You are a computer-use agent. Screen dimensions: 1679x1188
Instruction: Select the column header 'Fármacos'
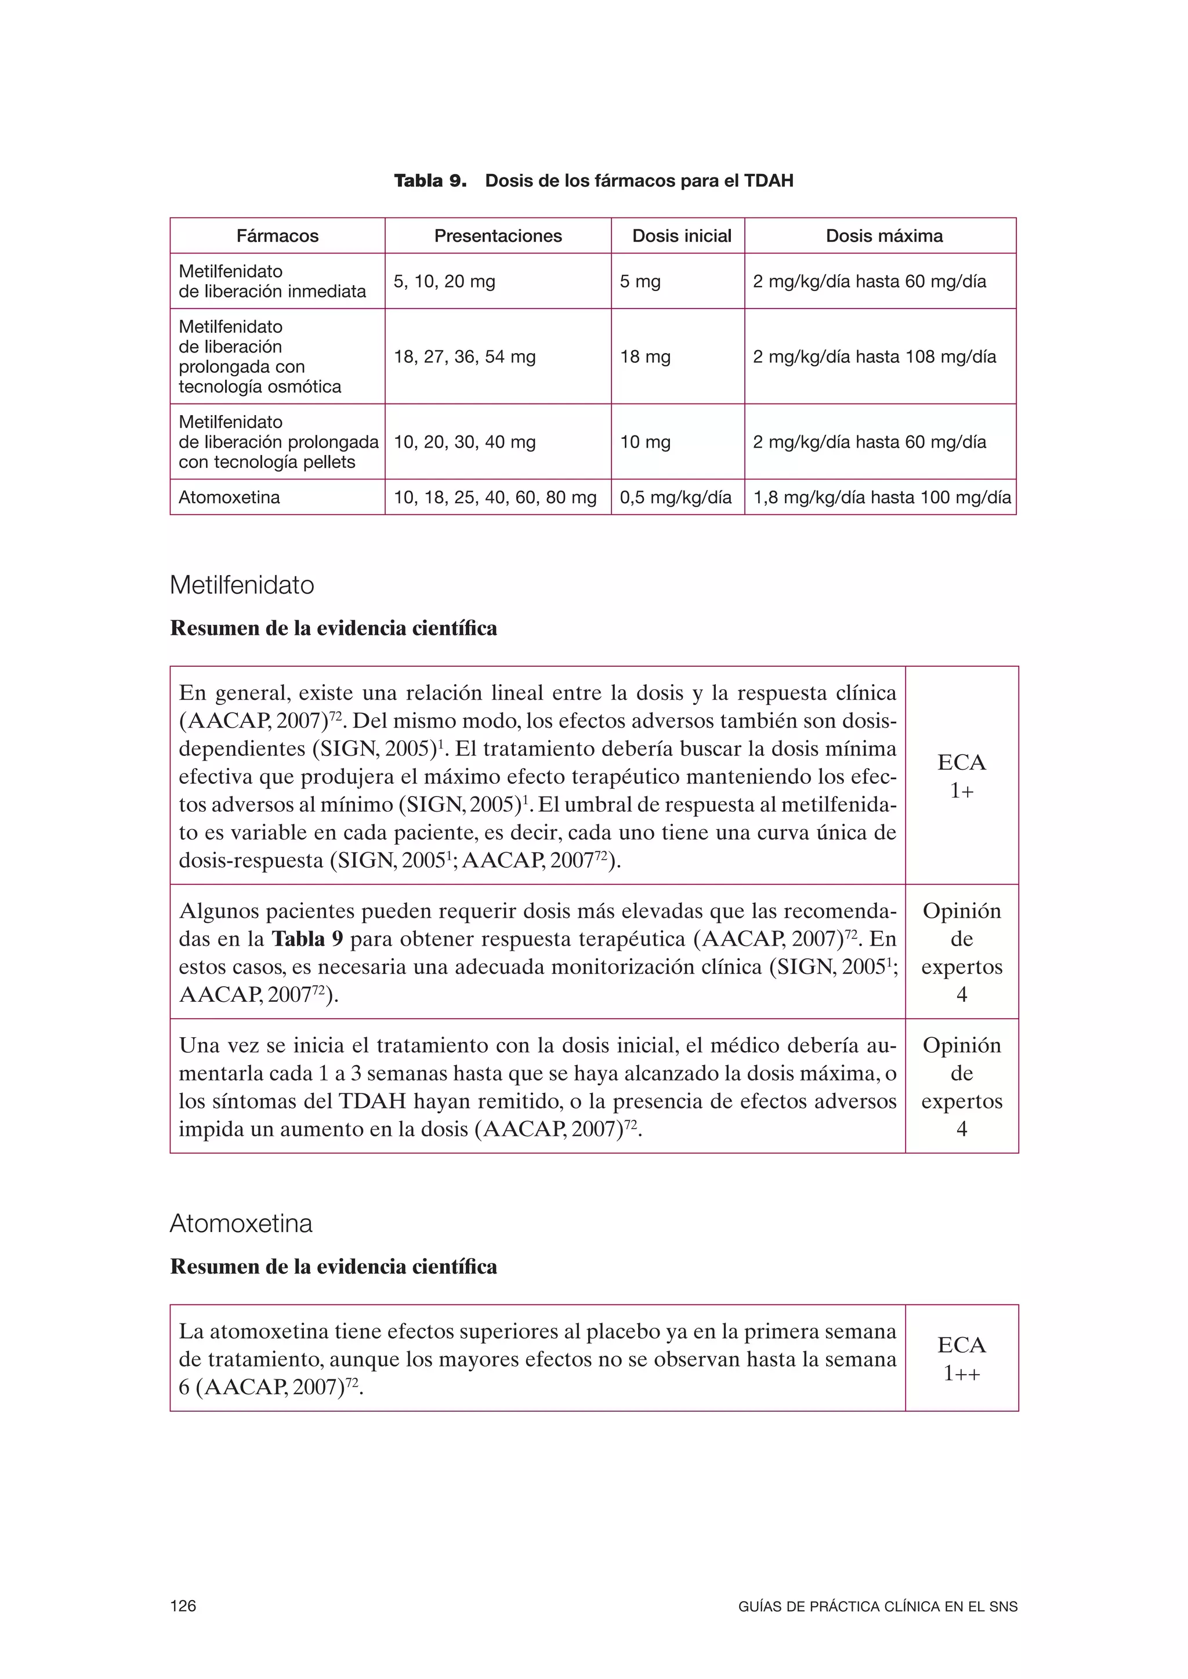click(x=277, y=236)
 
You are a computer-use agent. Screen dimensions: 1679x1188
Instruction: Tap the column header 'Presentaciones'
click(x=498, y=236)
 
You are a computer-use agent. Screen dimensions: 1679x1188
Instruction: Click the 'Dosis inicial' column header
click(x=681, y=236)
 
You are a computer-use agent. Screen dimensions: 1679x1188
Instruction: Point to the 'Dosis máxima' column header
click(x=883, y=236)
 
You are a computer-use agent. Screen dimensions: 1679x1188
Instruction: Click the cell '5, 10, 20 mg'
click(x=444, y=282)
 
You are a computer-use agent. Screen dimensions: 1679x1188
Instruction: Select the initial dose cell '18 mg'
click(x=645, y=357)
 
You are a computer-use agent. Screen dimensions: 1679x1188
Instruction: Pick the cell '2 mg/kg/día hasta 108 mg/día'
click(x=874, y=357)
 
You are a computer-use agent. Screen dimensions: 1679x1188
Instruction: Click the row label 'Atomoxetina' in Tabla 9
click(x=229, y=497)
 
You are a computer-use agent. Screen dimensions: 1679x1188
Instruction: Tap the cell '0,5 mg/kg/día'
click(x=675, y=497)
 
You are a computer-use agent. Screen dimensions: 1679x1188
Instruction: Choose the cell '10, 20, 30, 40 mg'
click(x=465, y=442)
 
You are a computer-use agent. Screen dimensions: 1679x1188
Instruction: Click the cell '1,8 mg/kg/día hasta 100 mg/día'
click(x=882, y=497)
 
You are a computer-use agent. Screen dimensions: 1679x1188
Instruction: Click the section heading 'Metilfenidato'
click(x=242, y=585)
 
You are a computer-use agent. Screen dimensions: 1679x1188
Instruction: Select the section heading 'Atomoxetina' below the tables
click(x=241, y=1223)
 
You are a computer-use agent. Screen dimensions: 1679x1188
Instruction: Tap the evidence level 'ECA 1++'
click(x=961, y=1359)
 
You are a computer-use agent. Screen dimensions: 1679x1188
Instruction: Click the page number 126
click(x=183, y=1607)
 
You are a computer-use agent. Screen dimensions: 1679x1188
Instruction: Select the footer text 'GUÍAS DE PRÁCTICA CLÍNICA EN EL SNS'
click(x=878, y=1607)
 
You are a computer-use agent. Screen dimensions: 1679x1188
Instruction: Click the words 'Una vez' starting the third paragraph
click(x=218, y=1046)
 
